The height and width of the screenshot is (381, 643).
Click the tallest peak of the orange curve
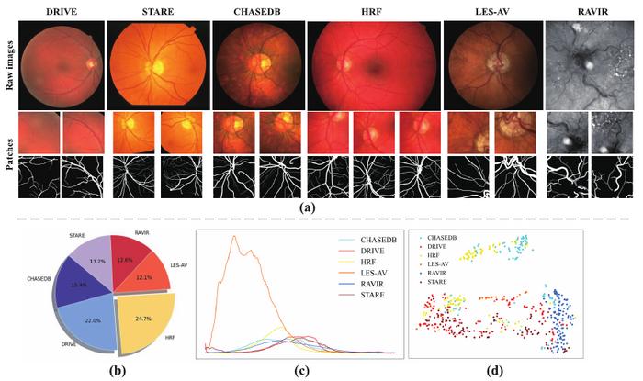click(x=235, y=236)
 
